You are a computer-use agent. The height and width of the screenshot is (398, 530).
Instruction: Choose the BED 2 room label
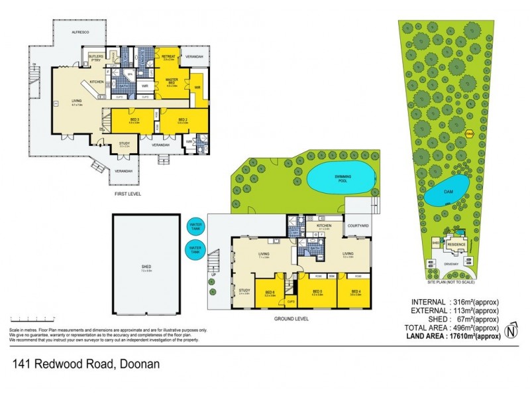point(183,120)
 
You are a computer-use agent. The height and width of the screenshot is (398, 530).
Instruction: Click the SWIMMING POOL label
point(339,178)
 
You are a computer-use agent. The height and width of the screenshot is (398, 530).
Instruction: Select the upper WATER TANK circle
point(195,226)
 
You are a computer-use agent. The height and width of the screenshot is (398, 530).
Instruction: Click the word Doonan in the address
point(138,364)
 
